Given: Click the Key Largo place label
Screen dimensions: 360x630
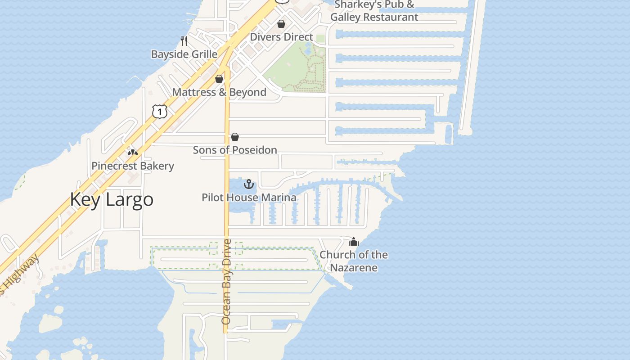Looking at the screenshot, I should (112, 199).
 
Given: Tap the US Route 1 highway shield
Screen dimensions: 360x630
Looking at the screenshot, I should (160, 111).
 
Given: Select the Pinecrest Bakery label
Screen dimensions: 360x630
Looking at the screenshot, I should (133, 166).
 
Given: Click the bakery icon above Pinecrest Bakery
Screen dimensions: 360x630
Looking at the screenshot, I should (132, 152).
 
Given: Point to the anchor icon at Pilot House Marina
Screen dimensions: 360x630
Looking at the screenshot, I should (249, 184).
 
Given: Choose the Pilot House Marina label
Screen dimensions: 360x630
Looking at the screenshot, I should (249, 198).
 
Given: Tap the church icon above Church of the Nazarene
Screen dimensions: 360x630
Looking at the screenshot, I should (354, 242).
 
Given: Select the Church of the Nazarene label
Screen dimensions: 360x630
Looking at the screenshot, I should (354, 261).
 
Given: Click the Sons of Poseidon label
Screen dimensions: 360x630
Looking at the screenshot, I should (235, 150).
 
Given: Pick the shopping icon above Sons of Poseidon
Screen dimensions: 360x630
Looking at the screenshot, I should (235, 137).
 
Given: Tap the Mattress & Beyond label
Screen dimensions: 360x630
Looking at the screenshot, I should (219, 92).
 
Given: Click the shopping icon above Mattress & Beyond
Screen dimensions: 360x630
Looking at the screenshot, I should (219, 79).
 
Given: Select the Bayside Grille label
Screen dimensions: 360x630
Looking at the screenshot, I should (184, 54).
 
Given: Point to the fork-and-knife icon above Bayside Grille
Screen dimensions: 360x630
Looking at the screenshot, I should (184, 41).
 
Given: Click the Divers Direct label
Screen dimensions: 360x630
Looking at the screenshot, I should (281, 37).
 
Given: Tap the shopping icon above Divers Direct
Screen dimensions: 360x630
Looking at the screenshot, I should (281, 23).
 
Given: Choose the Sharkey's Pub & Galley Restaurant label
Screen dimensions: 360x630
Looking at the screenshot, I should (374, 11).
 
